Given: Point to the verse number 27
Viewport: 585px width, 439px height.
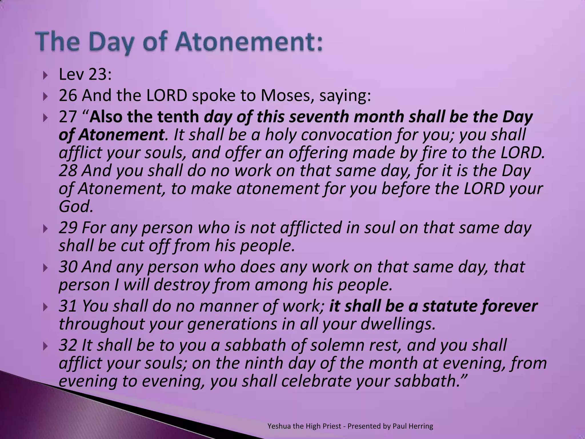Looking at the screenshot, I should pos(68,117).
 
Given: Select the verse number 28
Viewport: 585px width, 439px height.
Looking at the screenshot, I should pos(68,171).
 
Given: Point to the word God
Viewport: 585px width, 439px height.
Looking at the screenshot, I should pos(75,206).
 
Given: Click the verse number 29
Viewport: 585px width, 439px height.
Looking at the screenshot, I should pos(68,228).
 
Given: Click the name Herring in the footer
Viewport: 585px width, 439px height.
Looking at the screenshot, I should pos(421,426).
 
